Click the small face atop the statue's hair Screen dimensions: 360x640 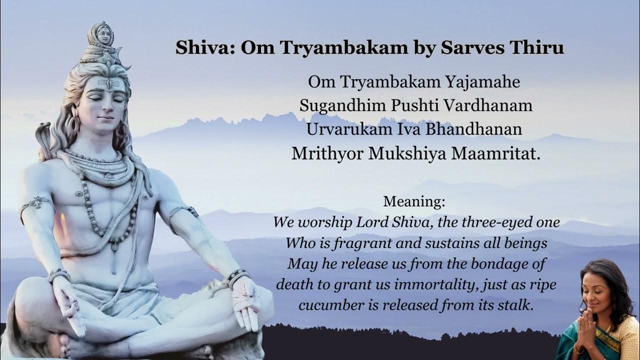coord(104,34)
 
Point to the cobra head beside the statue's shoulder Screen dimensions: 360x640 coord(43,133)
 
